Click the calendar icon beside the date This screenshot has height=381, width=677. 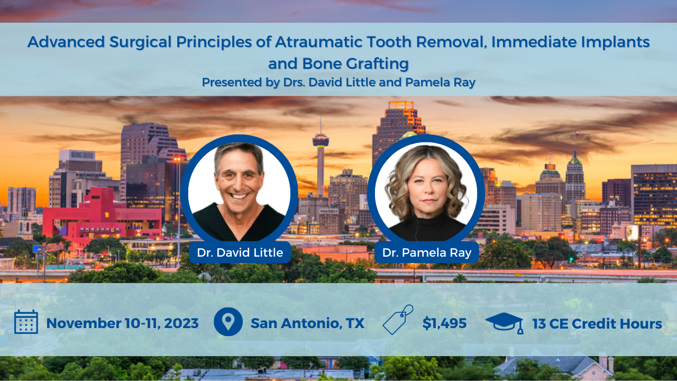[26, 322]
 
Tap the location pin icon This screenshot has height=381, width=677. [228, 322]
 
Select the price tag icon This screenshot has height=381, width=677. [398, 320]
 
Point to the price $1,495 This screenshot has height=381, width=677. [444, 323]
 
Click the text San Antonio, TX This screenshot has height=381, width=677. [307, 323]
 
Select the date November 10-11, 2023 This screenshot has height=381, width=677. [122, 323]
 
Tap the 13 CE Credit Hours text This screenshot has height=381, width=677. [597, 323]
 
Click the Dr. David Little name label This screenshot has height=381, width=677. [240, 252]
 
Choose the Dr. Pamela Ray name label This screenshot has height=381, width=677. [427, 252]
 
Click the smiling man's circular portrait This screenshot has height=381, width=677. [240, 191]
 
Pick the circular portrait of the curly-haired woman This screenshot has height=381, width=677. [426, 191]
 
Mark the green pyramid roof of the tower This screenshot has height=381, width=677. [574, 158]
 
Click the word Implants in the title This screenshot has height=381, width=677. [616, 42]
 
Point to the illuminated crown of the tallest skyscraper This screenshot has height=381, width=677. [401, 106]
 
